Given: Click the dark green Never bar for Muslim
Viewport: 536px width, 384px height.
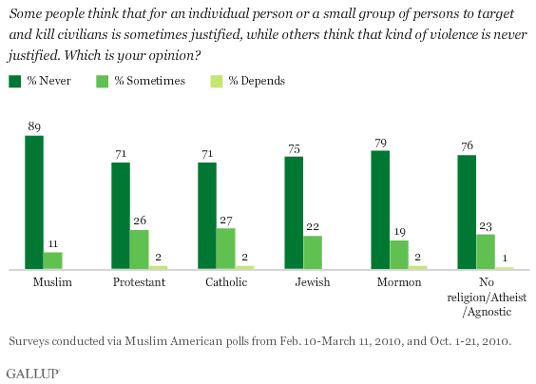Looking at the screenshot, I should (x=34, y=203).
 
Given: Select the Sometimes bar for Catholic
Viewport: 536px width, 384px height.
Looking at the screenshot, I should (x=225, y=249).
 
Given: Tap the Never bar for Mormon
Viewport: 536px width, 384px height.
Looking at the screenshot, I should (x=379, y=210).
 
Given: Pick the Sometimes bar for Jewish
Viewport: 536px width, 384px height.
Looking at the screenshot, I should (x=312, y=253).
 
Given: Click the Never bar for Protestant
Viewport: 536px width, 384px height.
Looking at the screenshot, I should (x=121, y=217).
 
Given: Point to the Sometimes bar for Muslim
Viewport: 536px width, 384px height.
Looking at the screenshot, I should (x=52, y=260).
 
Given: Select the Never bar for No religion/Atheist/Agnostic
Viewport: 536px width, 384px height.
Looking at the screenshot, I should (x=466, y=213).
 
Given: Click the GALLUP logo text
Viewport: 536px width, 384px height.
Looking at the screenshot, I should (x=31, y=371).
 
